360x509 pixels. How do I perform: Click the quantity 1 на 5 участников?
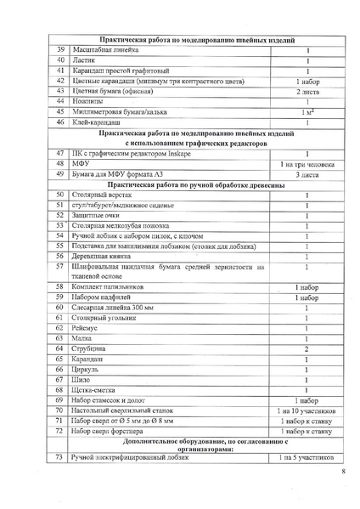pos(307,458)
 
